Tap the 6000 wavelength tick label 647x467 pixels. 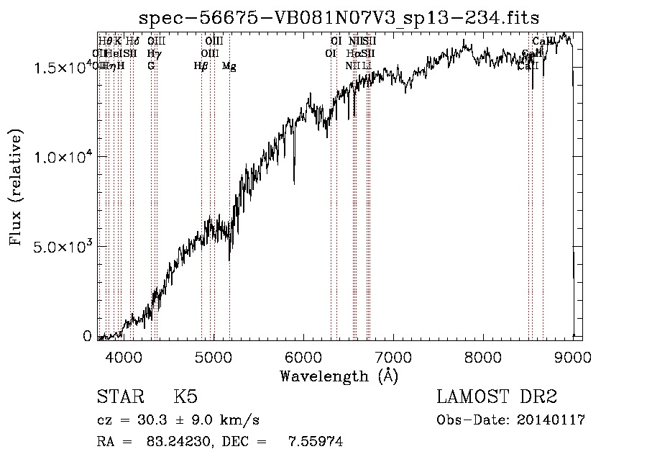click(x=303, y=355)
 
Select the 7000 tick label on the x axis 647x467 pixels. click(x=393, y=355)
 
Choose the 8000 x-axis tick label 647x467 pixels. click(x=483, y=355)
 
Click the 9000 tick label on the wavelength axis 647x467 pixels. click(x=573, y=355)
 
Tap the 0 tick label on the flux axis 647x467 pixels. click(x=87, y=336)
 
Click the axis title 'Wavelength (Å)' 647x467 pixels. click(x=339, y=376)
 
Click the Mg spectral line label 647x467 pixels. click(x=229, y=66)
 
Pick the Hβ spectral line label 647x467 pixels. click(x=201, y=66)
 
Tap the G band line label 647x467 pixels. click(x=151, y=66)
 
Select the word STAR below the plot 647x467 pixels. click(x=119, y=397)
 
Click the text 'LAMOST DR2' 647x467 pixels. click(x=496, y=397)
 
